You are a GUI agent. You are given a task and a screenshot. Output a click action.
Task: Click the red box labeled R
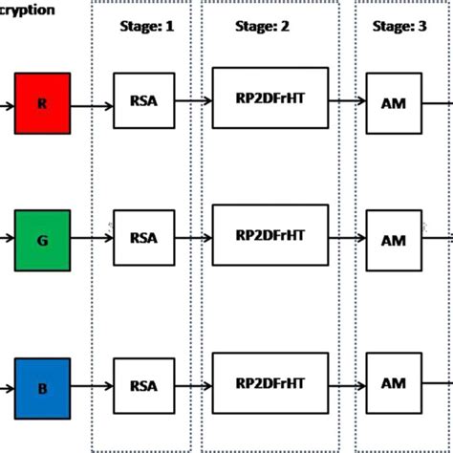coord(42,103)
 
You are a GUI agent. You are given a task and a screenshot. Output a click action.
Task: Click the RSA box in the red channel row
coord(143,100)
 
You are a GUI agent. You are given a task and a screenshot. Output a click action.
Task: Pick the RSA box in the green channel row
coord(143,238)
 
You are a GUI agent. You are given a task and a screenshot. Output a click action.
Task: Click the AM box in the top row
coord(394,101)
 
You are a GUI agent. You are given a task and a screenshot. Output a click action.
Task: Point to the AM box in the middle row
coord(394,239)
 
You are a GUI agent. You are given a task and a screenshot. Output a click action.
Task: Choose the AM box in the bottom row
coord(394,384)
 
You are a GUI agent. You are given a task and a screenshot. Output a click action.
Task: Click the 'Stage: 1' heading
coord(147,27)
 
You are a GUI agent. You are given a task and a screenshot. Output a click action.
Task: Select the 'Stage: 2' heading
coord(262,27)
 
